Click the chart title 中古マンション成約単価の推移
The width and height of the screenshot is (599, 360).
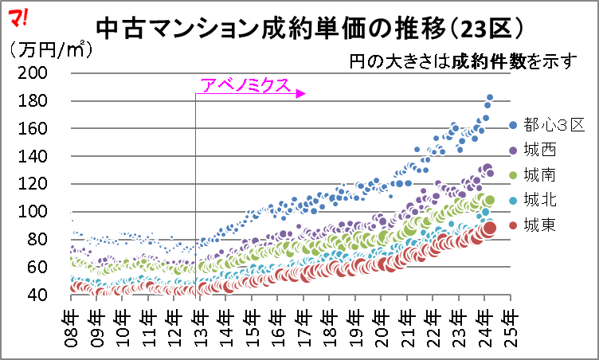[271, 29]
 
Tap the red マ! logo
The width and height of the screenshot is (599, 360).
[18, 18]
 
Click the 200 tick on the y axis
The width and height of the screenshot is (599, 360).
[33, 72]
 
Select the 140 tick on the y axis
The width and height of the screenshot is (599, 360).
[33, 156]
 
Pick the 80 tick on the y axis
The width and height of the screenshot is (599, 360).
[37, 239]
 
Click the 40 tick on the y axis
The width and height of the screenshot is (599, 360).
[37, 295]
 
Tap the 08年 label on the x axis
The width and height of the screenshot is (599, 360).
[71, 329]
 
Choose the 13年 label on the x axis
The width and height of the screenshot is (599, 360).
[200, 329]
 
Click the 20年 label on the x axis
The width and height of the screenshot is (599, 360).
[382, 329]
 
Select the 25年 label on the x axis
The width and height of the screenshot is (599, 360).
[511, 329]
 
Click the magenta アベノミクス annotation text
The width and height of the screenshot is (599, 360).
[246, 85]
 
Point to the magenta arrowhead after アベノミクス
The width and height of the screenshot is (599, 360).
[301, 94]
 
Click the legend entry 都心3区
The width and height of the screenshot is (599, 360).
[554, 124]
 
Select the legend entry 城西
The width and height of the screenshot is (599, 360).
[539, 150]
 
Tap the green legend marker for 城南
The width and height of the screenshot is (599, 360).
[513, 175]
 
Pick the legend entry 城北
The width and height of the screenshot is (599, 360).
[539, 200]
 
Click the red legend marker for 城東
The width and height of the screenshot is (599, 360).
[513, 225]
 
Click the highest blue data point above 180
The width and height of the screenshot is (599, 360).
[490, 97]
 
